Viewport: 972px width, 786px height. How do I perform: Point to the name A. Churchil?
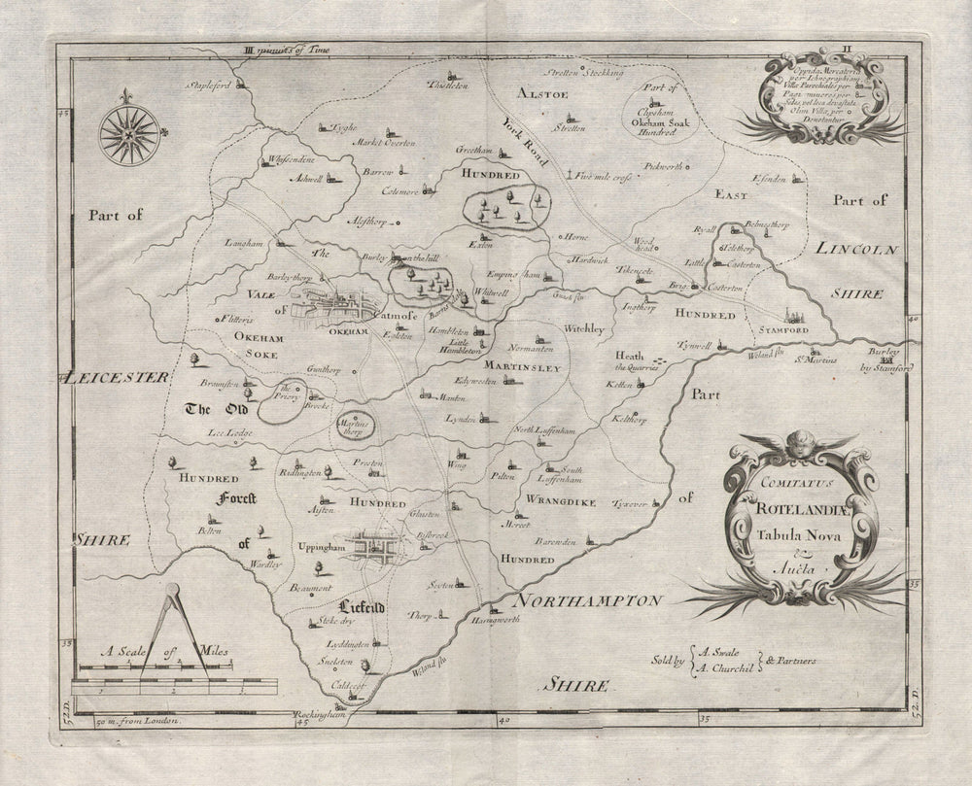pos(727,666)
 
